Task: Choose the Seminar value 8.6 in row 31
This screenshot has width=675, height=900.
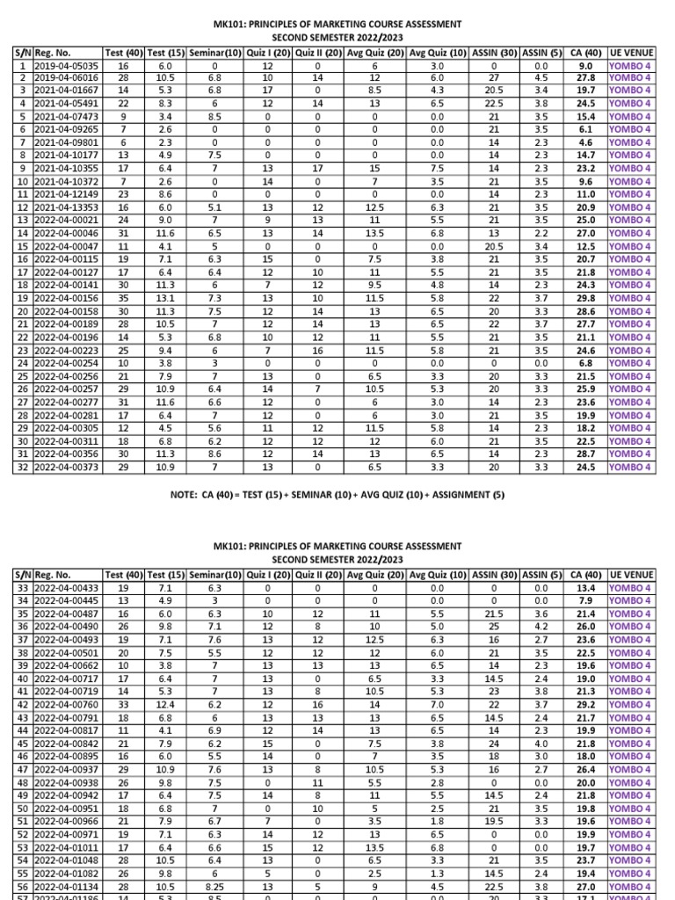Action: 214,454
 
